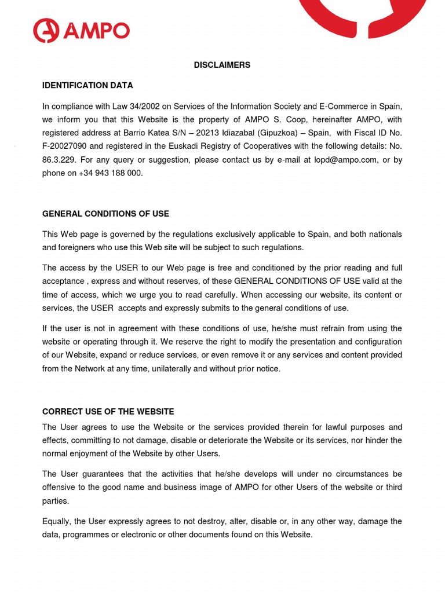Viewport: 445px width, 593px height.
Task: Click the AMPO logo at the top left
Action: coord(81,31)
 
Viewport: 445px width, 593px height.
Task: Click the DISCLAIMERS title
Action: coord(222,65)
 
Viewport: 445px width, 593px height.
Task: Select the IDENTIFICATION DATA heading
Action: coord(87,85)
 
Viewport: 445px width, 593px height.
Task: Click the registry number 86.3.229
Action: coord(58,160)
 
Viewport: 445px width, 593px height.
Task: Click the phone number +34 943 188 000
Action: coord(110,173)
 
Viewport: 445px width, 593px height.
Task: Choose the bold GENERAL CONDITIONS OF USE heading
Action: coord(105,214)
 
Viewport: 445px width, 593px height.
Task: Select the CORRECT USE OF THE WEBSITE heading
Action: coord(108,412)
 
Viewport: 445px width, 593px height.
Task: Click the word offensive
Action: coord(60,488)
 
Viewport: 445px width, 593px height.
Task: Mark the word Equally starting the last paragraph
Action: coord(56,521)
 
